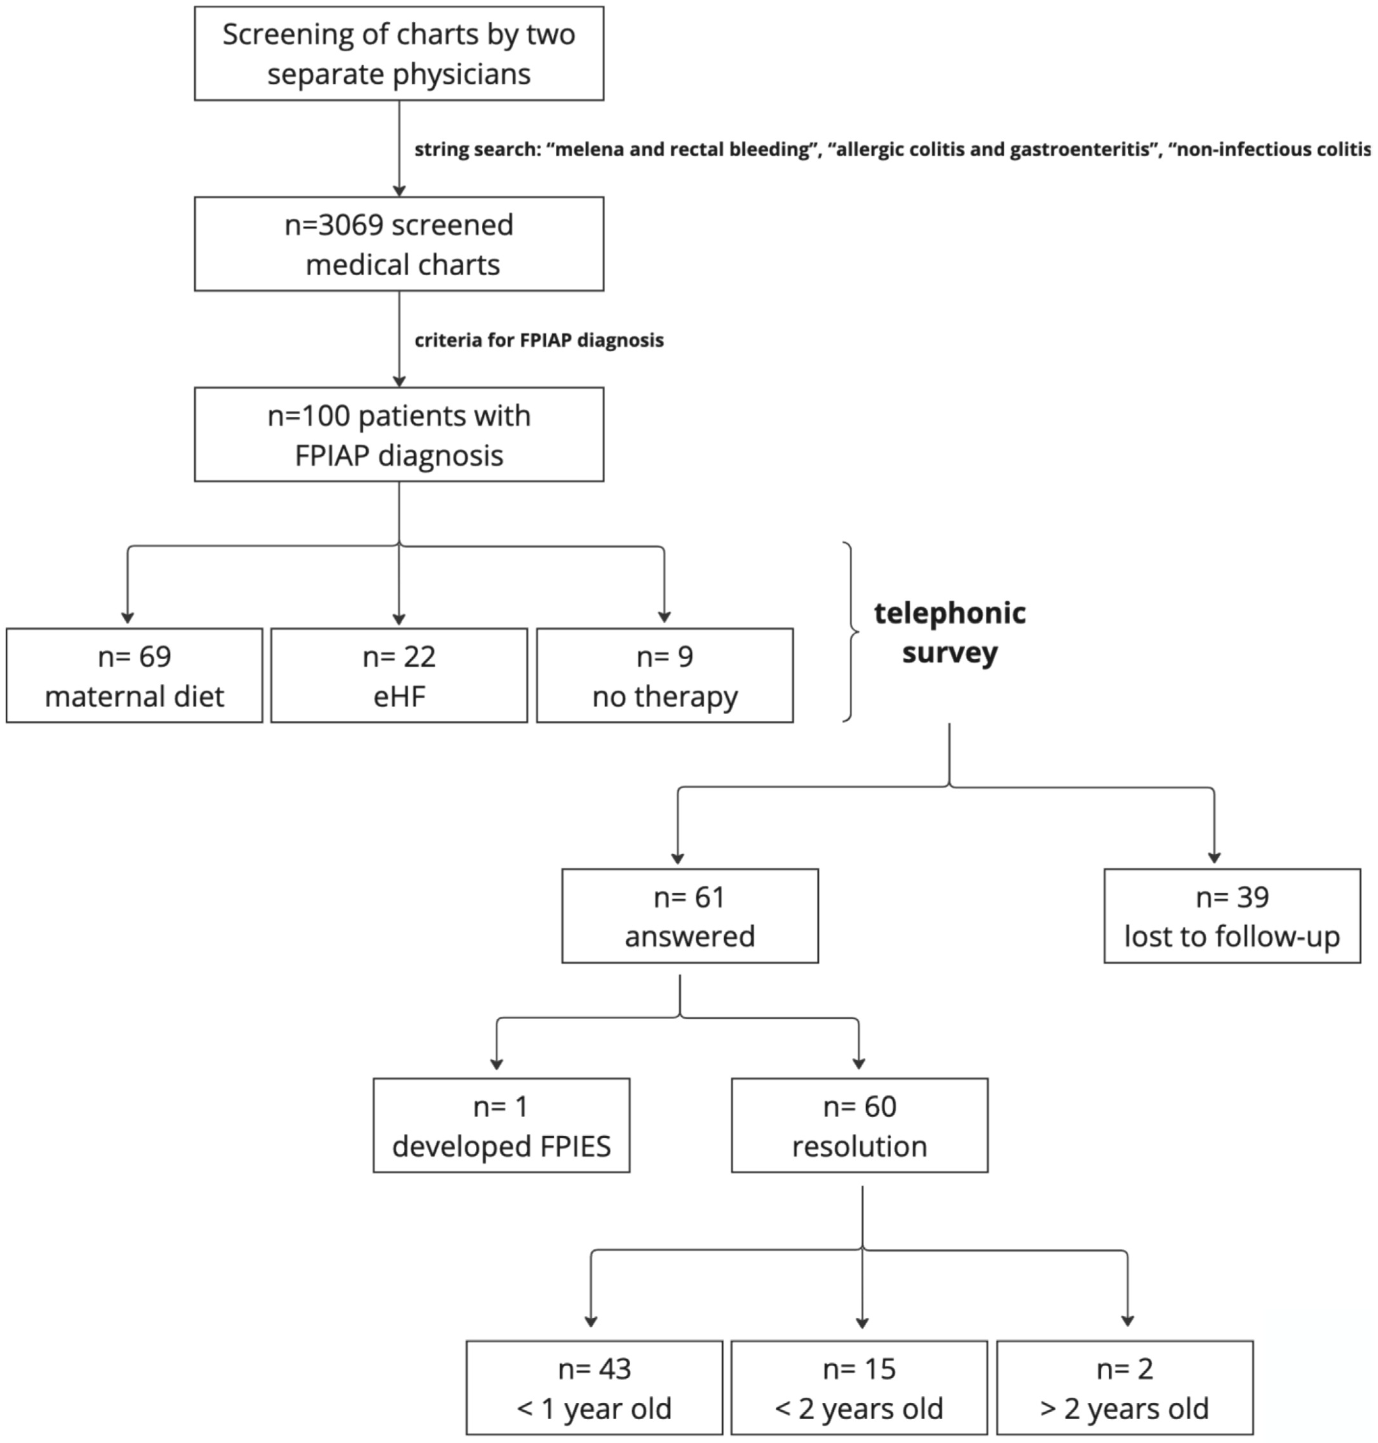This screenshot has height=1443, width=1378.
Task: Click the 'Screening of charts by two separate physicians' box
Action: click(399, 54)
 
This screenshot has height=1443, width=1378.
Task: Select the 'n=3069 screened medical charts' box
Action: click(399, 244)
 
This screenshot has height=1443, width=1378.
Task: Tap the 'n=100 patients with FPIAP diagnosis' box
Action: click(399, 435)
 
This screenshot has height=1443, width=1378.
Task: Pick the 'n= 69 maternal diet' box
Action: click(135, 675)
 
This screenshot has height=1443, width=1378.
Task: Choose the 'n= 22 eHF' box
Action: click(399, 675)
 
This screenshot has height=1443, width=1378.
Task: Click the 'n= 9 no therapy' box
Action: click(665, 675)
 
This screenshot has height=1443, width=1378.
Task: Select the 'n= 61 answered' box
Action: click(690, 916)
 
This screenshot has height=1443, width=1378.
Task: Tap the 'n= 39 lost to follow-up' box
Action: click(1232, 916)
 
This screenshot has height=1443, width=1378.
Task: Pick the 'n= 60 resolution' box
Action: click(860, 1125)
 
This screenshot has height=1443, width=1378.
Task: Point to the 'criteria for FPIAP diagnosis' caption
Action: click(539, 340)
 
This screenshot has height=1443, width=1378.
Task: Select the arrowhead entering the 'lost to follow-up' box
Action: click(1214, 858)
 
